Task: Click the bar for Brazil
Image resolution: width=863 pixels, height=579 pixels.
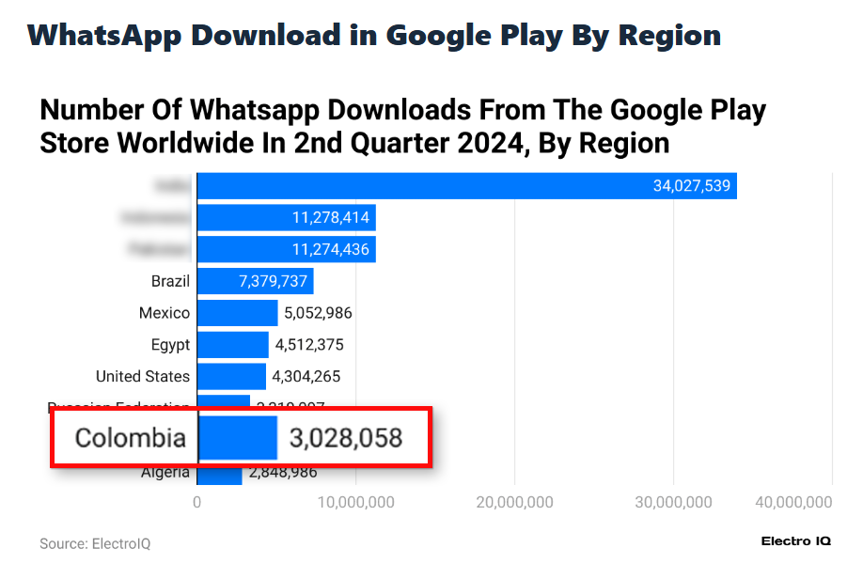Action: coord(255,281)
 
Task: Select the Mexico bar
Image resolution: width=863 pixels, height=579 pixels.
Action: coord(237,313)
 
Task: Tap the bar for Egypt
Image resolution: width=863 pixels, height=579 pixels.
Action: coord(232,345)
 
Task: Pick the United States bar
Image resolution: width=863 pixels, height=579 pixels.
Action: coord(231,377)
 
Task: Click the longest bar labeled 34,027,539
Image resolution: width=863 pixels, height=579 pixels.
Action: coord(466,186)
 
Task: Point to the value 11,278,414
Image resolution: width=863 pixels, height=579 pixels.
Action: coord(331,218)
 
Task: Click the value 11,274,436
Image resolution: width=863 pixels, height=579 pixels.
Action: coord(331,250)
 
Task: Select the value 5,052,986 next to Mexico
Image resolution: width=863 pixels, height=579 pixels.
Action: coord(318,313)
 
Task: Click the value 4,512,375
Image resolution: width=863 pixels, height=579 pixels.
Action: coord(308,345)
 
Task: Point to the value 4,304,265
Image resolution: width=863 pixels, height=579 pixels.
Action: coord(306,377)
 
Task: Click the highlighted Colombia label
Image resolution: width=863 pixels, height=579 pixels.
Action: coord(131,438)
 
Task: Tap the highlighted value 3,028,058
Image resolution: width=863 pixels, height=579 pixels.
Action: coord(346,438)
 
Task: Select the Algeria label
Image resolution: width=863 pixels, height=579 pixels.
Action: coord(165,473)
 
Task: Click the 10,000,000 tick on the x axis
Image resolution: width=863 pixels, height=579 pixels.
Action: coord(355,503)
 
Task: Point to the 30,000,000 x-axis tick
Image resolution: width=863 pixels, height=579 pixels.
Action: coord(673,503)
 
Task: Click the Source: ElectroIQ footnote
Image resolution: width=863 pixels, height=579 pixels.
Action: coord(95,544)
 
